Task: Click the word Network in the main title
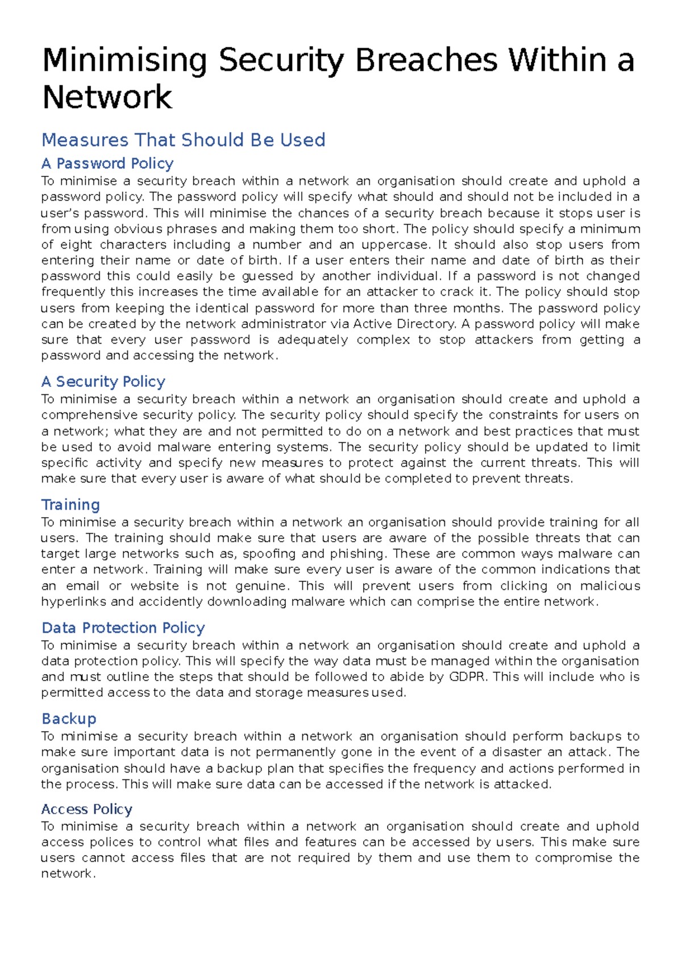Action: [107, 97]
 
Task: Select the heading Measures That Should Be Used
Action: [183, 140]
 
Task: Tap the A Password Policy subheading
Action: [107, 164]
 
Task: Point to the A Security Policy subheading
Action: [103, 382]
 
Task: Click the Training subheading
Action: [70, 505]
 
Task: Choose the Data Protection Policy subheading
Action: [123, 628]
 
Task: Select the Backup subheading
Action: [69, 719]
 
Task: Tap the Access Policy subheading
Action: [86, 810]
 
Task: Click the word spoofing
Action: [270, 554]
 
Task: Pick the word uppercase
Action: [396, 245]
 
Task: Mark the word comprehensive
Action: [89, 415]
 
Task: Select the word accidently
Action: [170, 602]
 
